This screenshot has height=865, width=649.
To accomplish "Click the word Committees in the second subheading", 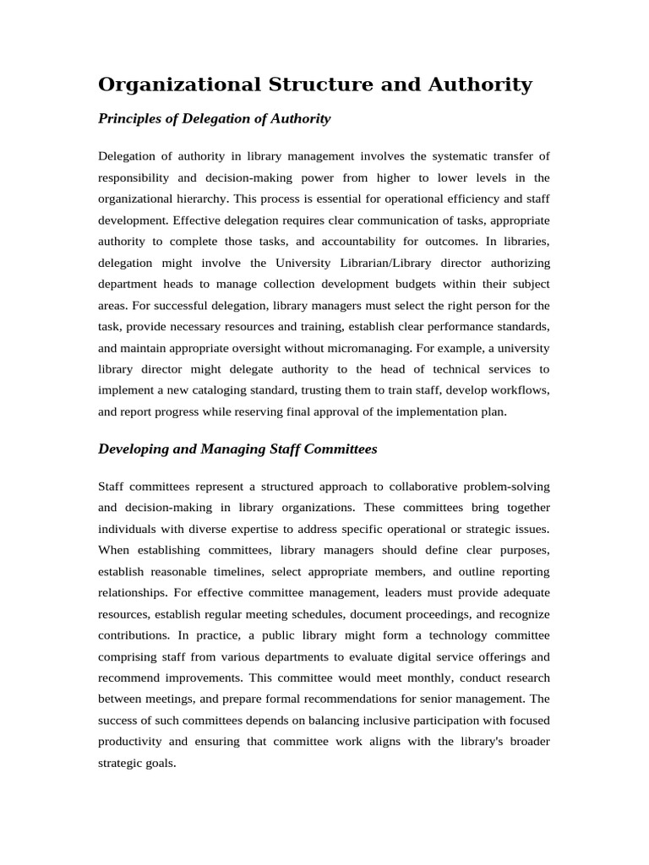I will click(339, 449).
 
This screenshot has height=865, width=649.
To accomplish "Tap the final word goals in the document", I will click(161, 764).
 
